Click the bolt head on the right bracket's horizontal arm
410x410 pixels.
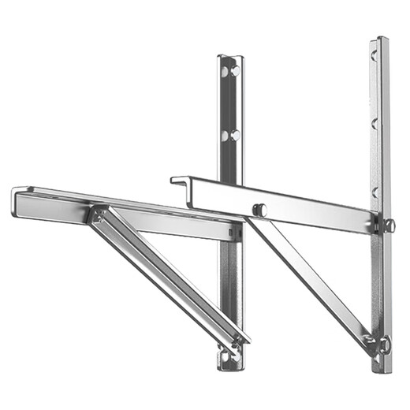(x=261, y=210)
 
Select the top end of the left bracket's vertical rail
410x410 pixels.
(x=230, y=58)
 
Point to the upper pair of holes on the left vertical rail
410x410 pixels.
(x=230, y=72)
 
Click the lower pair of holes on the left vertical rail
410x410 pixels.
(x=229, y=135)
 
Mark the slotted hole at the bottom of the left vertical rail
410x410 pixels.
(x=231, y=356)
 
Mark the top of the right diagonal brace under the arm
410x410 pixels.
(x=254, y=222)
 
